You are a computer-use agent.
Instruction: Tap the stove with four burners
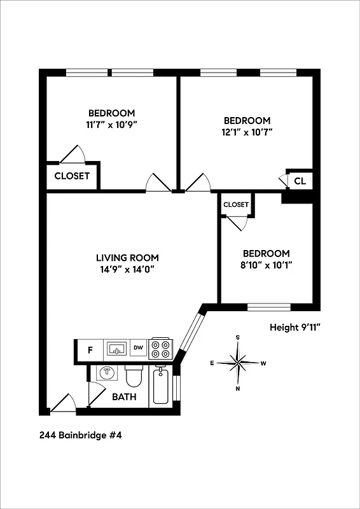tap(161, 349)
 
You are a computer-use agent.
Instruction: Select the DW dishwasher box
tap(138, 349)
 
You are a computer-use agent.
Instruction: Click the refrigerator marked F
tap(90, 349)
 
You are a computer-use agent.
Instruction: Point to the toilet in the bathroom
tap(134, 377)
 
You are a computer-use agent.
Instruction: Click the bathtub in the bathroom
tap(161, 386)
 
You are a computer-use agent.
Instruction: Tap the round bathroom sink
tap(106, 373)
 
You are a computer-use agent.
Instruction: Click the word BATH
tap(124, 397)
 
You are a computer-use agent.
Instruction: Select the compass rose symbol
tap(238, 363)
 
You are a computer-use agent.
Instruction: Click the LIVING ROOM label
tap(127, 258)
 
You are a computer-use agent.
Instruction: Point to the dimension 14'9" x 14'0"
tap(127, 268)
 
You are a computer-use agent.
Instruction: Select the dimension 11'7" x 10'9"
tap(111, 124)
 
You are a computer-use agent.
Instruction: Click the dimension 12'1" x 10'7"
tap(247, 132)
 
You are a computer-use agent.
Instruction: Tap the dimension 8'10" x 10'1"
tap(267, 264)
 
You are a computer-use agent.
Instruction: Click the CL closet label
tap(300, 181)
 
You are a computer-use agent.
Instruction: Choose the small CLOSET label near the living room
tap(235, 204)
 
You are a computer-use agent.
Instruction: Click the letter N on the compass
tap(238, 388)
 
